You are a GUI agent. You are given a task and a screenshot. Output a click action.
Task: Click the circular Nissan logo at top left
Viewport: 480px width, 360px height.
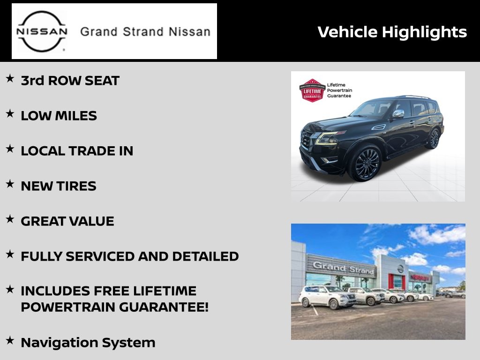tap(42, 31)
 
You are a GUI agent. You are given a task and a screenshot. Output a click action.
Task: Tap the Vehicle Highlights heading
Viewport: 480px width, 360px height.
tap(392, 32)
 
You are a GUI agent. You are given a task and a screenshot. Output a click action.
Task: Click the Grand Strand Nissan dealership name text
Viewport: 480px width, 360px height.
tap(145, 31)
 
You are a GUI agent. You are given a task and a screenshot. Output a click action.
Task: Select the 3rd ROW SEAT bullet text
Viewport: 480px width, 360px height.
tap(70, 81)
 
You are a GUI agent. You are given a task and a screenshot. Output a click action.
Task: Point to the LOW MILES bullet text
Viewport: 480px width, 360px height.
tap(59, 116)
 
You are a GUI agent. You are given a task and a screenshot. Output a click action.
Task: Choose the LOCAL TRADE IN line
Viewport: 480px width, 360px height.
tap(77, 151)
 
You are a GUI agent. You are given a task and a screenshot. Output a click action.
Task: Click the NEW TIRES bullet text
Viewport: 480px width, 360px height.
tap(59, 186)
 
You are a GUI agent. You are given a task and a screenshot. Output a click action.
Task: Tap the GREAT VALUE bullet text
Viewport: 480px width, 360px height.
tap(67, 221)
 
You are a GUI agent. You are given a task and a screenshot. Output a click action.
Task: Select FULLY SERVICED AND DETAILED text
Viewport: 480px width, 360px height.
tap(130, 256)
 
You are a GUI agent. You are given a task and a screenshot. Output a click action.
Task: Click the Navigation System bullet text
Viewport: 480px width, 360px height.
tap(88, 343)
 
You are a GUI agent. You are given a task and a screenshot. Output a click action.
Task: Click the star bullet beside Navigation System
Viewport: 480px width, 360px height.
tap(10, 340)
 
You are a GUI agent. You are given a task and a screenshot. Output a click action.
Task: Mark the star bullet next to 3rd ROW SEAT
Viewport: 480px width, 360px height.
tap(10, 78)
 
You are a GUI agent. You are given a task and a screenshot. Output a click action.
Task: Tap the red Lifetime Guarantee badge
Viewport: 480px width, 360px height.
tap(312, 90)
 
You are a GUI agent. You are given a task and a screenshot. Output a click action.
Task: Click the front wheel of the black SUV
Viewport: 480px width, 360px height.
tap(366, 163)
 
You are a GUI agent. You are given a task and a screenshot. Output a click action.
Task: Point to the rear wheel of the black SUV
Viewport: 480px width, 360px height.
tap(434, 138)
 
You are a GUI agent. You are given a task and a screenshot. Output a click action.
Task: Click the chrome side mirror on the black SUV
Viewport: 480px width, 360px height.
tap(398, 113)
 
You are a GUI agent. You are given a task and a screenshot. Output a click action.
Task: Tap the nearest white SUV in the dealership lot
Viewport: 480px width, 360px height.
tap(327, 296)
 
